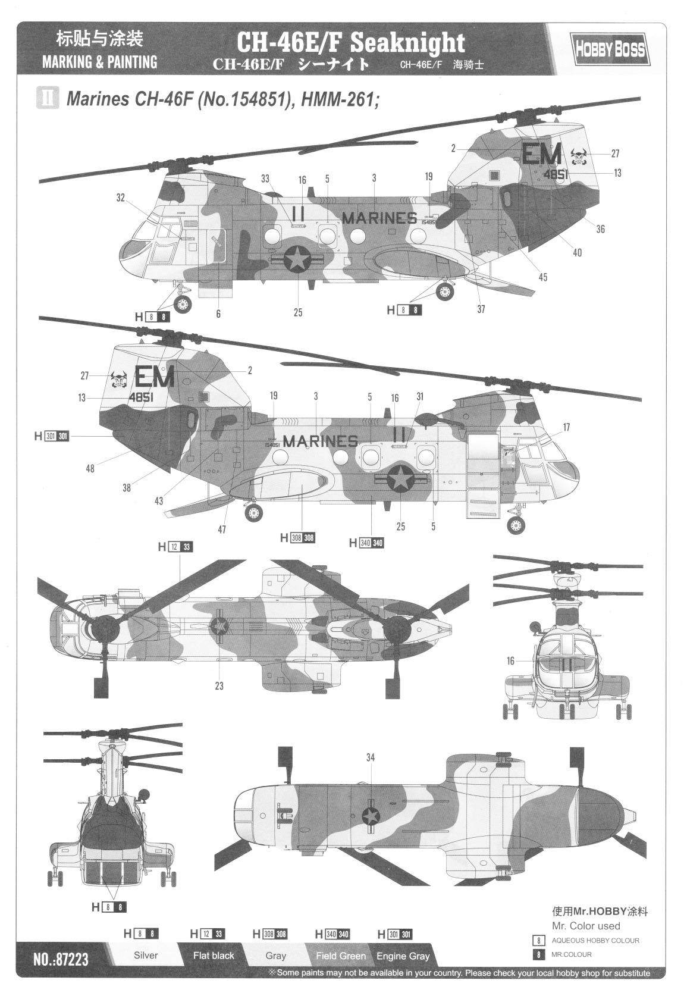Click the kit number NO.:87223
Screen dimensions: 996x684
(x=61, y=959)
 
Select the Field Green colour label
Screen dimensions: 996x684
(x=341, y=956)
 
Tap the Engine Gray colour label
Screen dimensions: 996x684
(x=403, y=956)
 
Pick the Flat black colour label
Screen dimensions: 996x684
(x=214, y=956)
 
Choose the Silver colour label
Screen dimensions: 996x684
(x=146, y=956)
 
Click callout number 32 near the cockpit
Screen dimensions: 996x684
(x=121, y=198)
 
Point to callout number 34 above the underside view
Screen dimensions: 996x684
(x=371, y=757)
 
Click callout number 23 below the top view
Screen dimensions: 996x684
(x=219, y=686)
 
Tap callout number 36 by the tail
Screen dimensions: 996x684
(x=600, y=229)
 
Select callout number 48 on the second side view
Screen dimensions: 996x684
(x=90, y=468)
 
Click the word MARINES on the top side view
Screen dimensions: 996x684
(x=379, y=218)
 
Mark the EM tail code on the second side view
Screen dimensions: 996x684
(x=154, y=377)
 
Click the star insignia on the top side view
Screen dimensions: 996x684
(x=296, y=259)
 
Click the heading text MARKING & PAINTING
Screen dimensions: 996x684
(x=99, y=62)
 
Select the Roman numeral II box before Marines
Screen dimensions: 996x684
(x=48, y=98)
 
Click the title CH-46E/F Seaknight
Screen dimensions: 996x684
(x=351, y=43)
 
